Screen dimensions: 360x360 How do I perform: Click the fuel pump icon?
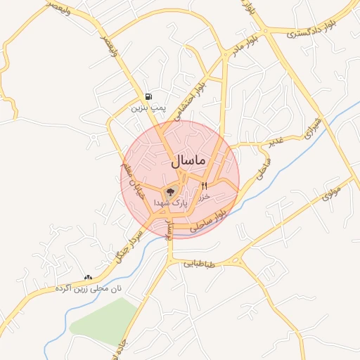pos(148,97)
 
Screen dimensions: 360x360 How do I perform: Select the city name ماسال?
pos(188,161)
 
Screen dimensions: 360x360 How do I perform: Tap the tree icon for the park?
pos(170,191)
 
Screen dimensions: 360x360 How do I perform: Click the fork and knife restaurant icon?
pos(205,186)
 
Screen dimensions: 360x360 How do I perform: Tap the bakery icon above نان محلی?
pos(89,278)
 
